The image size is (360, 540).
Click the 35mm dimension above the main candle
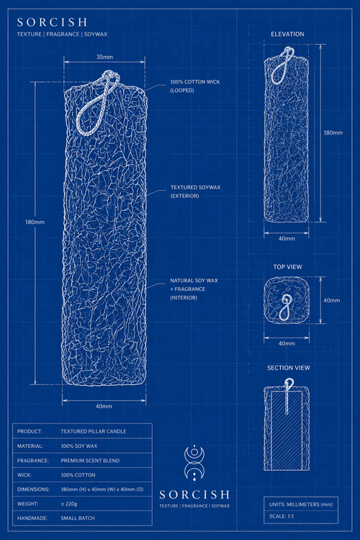click(x=104, y=57)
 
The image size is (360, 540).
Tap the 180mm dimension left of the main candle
click(x=35, y=222)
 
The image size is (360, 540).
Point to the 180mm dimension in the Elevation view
click(x=333, y=132)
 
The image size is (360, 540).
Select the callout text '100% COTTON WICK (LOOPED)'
click(x=195, y=86)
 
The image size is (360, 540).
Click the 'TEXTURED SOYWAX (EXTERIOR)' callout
click(x=195, y=192)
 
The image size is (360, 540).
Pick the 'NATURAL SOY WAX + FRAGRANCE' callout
click(x=194, y=289)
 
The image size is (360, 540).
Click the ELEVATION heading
click(x=287, y=34)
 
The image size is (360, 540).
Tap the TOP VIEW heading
click(x=288, y=267)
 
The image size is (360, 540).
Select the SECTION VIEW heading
click(x=288, y=368)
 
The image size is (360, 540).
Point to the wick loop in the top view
click(x=284, y=314)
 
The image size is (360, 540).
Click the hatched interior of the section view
click(x=287, y=434)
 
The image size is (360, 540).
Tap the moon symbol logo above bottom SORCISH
click(x=194, y=463)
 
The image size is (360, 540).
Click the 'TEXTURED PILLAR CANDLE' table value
click(x=94, y=431)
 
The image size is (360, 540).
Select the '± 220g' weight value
click(x=69, y=504)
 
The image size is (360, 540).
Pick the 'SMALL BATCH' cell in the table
click(x=78, y=518)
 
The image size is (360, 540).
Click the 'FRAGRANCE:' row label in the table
click(x=33, y=461)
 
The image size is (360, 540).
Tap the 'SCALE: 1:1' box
click(x=301, y=516)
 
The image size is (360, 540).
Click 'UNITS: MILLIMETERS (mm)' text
click(x=301, y=505)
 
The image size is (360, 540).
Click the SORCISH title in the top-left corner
click(x=52, y=22)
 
